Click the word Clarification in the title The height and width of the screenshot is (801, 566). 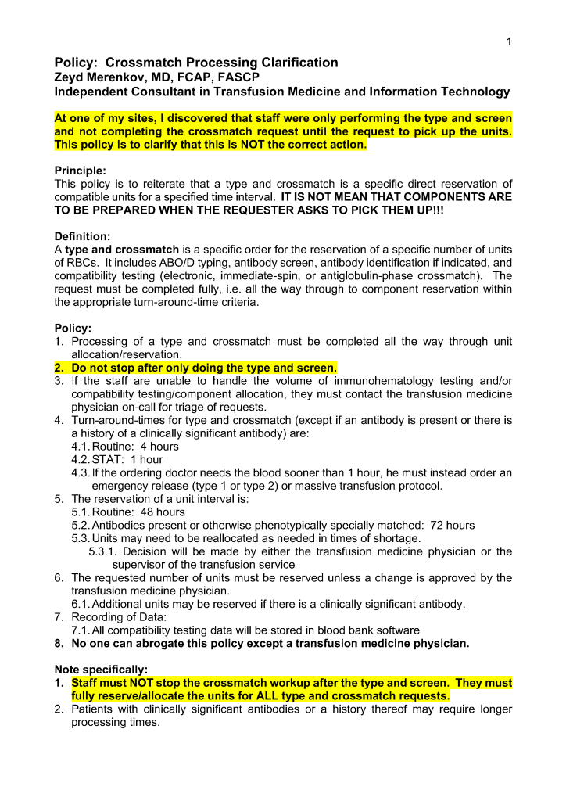298,63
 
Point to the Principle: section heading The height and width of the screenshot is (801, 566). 81,170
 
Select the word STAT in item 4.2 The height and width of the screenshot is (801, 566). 109,460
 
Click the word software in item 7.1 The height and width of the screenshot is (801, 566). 399,630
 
